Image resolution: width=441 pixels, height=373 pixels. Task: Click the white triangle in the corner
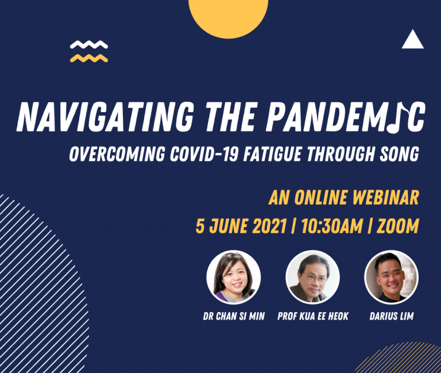[x=413, y=41]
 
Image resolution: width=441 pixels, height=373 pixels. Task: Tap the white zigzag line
[x=89, y=45]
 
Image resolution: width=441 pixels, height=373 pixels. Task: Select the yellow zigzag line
[x=89, y=58]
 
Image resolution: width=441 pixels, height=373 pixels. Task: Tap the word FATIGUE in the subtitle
[x=272, y=154]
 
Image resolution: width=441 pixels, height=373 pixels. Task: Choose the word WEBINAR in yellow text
[x=385, y=197]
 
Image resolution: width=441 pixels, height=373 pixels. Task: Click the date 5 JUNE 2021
[x=241, y=226]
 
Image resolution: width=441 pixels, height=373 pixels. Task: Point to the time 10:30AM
[x=332, y=226]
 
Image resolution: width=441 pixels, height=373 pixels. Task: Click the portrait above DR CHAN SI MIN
[x=234, y=277]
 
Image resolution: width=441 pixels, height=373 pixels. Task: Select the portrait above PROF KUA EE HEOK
[x=313, y=277]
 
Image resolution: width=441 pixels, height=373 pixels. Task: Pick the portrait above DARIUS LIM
[x=392, y=277]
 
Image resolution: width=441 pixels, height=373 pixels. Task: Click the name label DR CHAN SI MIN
[x=234, y=317]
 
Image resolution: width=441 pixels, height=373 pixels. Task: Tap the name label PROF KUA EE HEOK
[x=313, y=317]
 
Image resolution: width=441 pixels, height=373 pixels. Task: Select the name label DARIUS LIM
[x=392, y=317]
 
